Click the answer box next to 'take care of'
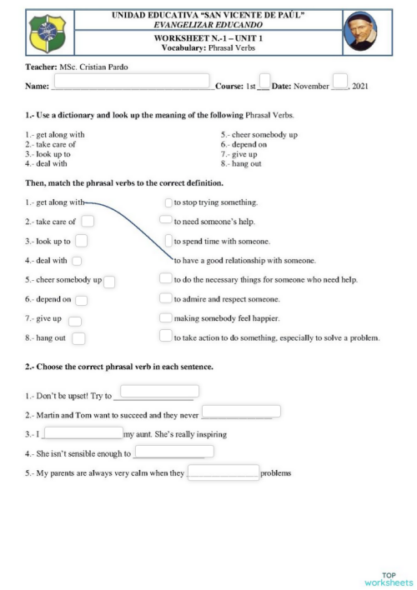(87, 221)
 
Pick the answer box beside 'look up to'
(81, 241)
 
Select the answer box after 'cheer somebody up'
(109, 281)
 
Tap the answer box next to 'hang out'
(79, 337)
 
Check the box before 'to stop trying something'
(168, 202)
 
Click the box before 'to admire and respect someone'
(165, 298)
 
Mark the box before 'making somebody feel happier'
(165, 317)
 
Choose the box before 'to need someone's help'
(165, 221)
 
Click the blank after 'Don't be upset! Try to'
(159, 391)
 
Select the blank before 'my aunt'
(83, 432)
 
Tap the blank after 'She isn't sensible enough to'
(173, 452)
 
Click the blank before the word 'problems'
(223, 472)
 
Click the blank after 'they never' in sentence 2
(241, 411)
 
